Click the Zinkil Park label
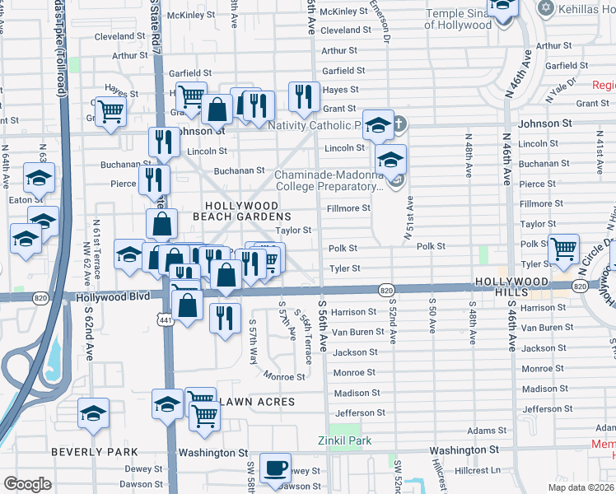coord(344,440)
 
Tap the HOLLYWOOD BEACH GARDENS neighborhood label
coord(241,211)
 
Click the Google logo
coord(27,484)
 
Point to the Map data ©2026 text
coord(581,487)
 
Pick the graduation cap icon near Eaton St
coord(39,179)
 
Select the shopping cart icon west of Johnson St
coord(110,113)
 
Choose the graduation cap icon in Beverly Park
coord(93,413)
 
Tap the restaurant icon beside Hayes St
coord(304,97)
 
